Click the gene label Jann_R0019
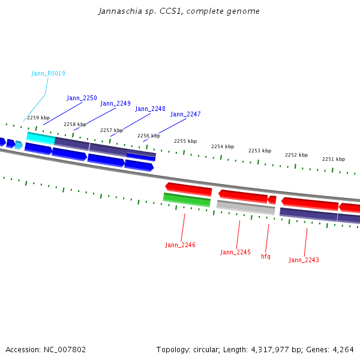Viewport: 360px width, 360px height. (x=48, y=73)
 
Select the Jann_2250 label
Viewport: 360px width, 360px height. (x=82, y=98)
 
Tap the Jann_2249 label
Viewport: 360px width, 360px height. (x=115, y=103)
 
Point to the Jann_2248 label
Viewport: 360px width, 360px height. (x=150, y=109)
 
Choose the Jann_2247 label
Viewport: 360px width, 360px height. (x=185, y=114)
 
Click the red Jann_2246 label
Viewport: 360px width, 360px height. (x=180, y=245)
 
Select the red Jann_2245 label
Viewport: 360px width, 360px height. (x=235, y=252)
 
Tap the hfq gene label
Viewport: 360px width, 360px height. (x=266, y=256)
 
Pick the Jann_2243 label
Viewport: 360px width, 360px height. (x=304, y=260)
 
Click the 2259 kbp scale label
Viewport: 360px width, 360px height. (x=38, y=118)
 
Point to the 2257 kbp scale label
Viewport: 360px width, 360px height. (x=112, y=130)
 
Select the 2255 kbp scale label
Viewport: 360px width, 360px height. (x=185, y=141)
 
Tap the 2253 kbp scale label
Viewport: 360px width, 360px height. (x=260, y=151)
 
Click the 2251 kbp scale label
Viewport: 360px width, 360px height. (x=334, y=159)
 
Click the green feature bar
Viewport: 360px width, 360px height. (x=187, y=199)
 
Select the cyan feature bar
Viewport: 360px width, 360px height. (x=41, y=138)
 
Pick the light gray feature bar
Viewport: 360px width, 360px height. (x=245, y=208)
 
